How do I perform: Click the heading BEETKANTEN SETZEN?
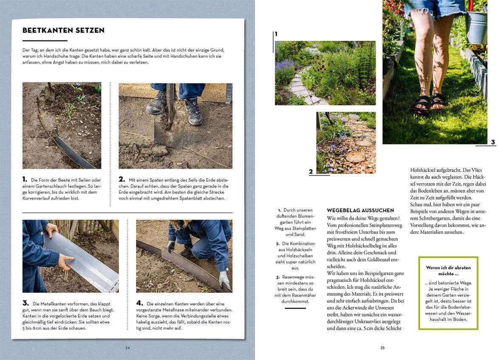coord(63,31)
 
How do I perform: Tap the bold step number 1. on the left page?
coord(25,179)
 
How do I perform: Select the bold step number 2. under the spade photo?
coord(122,179)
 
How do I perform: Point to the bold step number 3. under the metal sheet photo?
coord(25,303)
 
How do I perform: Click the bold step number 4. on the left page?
coord(139,303)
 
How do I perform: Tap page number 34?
coord(127,348)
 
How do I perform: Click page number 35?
coord(382,348)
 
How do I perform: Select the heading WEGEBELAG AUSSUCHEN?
coord(360,210)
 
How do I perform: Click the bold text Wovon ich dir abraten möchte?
coord(448,271)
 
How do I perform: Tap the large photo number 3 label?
coord(493,142)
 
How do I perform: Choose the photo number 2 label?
coord(311,172)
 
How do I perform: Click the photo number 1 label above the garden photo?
coord(276,34)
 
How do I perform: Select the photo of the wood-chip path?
coord(346,142)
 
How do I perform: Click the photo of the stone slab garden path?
coord(325,73)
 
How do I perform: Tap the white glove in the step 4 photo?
coord(224,278)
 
